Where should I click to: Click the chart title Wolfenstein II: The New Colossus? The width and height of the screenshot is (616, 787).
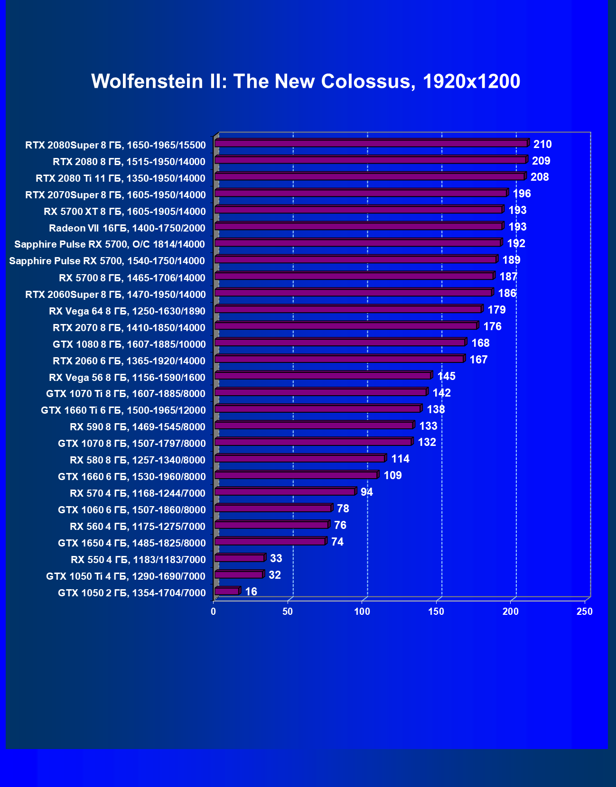[x=306, y=82]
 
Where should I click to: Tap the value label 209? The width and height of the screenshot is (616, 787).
[x=541, y=161]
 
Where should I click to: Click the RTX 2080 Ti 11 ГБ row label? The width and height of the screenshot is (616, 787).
[x=121, y=178]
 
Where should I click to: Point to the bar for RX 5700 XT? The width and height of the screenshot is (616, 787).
[x=358, y=210]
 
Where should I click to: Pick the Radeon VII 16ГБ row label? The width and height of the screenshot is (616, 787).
[x=127, y=228]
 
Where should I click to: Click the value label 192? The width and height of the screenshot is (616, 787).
[x=516, y=243]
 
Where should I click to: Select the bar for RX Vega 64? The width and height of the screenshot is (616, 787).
[x=348, y=309]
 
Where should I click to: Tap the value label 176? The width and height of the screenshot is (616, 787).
[x=492, y=326]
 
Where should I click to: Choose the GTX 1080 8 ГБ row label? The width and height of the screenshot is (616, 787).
[x=129, y=344]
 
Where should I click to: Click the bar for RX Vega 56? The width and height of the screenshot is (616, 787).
[x=323, y=376]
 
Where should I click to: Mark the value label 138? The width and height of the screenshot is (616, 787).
[x=436, y=409]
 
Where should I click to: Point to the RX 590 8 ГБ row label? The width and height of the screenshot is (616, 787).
[x=138, y=427]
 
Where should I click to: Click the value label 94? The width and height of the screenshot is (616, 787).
[x=366, y=492]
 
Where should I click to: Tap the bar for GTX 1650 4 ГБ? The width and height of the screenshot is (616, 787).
[x=270, y=541]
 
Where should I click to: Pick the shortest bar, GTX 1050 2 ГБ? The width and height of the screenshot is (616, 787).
[x=227, y=591]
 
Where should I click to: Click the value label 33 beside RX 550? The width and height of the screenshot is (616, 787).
[x=276, y=558]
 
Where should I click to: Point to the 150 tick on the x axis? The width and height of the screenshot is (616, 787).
[x=436, y=611]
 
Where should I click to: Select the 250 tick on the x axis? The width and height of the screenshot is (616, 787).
[x=585, y=611]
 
